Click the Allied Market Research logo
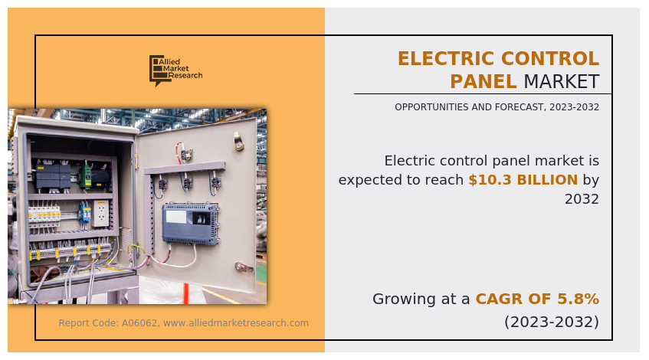176,70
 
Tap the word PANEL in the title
483,81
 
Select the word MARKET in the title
562,81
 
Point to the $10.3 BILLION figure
523,180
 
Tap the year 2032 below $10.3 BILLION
582,199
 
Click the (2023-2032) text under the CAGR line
552,322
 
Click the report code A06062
139,323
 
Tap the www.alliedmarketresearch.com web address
236,323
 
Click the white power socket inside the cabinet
100,214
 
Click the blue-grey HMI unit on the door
190,224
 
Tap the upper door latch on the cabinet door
238,141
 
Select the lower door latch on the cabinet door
244,267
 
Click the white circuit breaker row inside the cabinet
44,216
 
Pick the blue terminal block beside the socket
85,213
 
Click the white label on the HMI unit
176,217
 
